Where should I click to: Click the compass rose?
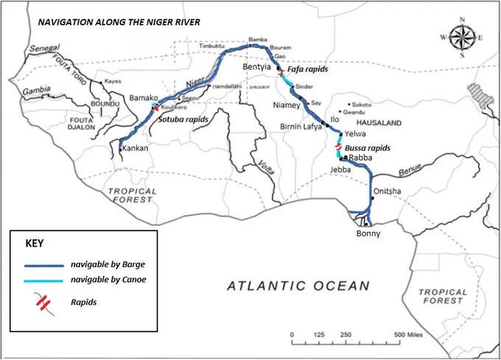(x=462, y=36)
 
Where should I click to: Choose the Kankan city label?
(x=136, y=148)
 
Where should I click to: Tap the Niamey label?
(x=287, y=105)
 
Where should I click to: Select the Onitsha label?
(x=388, y=191)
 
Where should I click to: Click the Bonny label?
(x=368, y=234)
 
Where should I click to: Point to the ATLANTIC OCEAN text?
(x=297, y=285)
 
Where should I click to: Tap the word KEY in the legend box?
(x=35, y=243)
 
